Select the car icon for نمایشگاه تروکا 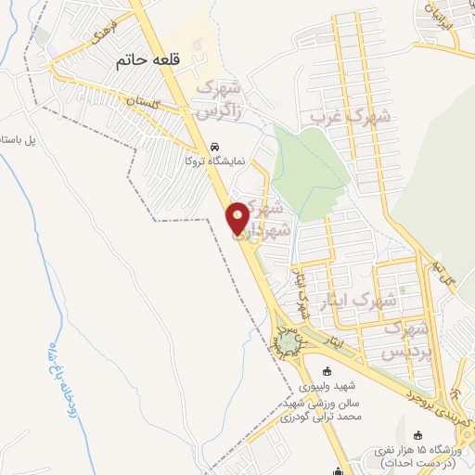click(214, 147)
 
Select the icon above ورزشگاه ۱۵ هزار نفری click(417, 434)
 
